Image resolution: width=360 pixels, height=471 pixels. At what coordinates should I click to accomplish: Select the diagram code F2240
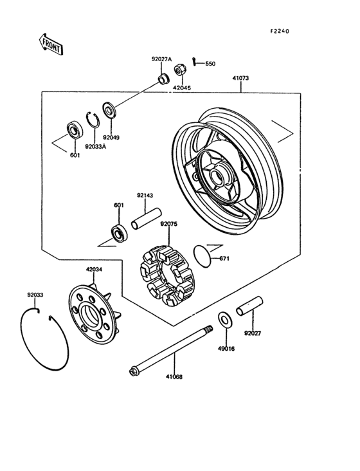click(x=280, y=32)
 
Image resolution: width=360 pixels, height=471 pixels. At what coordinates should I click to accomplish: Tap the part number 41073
click(x=240, y=78)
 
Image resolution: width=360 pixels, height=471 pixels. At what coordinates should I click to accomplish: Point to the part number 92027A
click(x=162, y=59)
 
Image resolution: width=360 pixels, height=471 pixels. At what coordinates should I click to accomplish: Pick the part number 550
click(x=211, y=64)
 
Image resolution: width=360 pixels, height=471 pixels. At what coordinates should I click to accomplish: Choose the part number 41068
click(x=174, y=377)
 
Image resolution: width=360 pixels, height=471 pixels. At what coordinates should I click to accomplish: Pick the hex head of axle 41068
click(x=133, y=371)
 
